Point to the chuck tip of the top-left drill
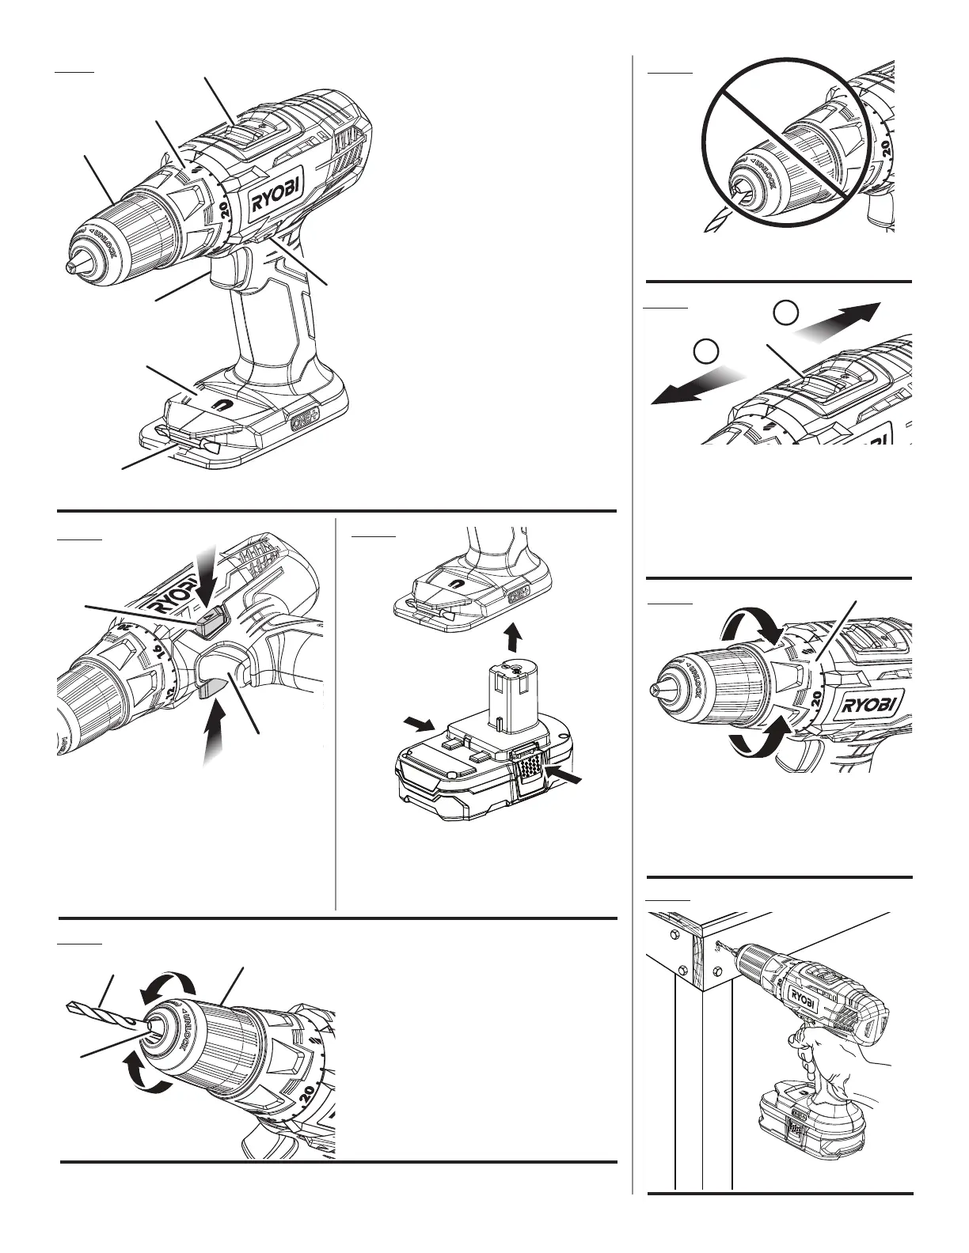[x=72, y=269]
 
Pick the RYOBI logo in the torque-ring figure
[x=867, y=704]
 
